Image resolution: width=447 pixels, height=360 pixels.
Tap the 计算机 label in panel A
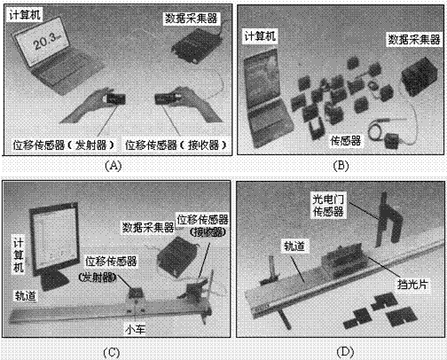coord(25,15)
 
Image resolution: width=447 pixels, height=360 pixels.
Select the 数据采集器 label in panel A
coord(191,19)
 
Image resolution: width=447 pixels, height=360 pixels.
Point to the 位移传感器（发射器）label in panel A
coord(63,145)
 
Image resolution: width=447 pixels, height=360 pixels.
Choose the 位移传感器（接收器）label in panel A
coord(176,145)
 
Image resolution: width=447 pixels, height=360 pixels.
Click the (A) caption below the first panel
coord(114,166)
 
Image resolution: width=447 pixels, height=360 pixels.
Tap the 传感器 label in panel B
coord(346,140)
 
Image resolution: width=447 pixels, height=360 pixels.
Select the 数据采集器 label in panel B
coord(414,39)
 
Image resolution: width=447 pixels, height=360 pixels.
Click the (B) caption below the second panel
coord(341,166)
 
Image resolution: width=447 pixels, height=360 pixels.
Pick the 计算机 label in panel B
coord(260,36)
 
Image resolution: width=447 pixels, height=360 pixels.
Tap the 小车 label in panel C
coord(135,329)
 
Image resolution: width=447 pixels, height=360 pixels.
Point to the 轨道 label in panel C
coord(26,295)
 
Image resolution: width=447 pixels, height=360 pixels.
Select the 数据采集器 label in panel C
coord(148,227)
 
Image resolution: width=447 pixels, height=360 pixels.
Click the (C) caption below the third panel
coord(112,353)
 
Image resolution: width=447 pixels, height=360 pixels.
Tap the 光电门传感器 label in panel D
coord(328,205)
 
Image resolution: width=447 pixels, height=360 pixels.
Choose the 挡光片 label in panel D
coord(412,284)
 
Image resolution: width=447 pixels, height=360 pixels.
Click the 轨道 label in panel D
coord(294,246)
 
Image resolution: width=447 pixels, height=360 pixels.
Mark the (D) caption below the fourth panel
coord(345,352)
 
